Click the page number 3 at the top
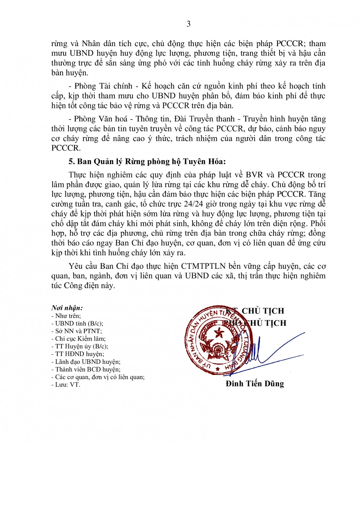coord(188,24)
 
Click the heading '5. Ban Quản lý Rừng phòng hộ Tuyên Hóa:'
coord(147,161)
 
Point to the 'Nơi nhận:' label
coord(67,308)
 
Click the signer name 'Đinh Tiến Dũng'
coord(254,383)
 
